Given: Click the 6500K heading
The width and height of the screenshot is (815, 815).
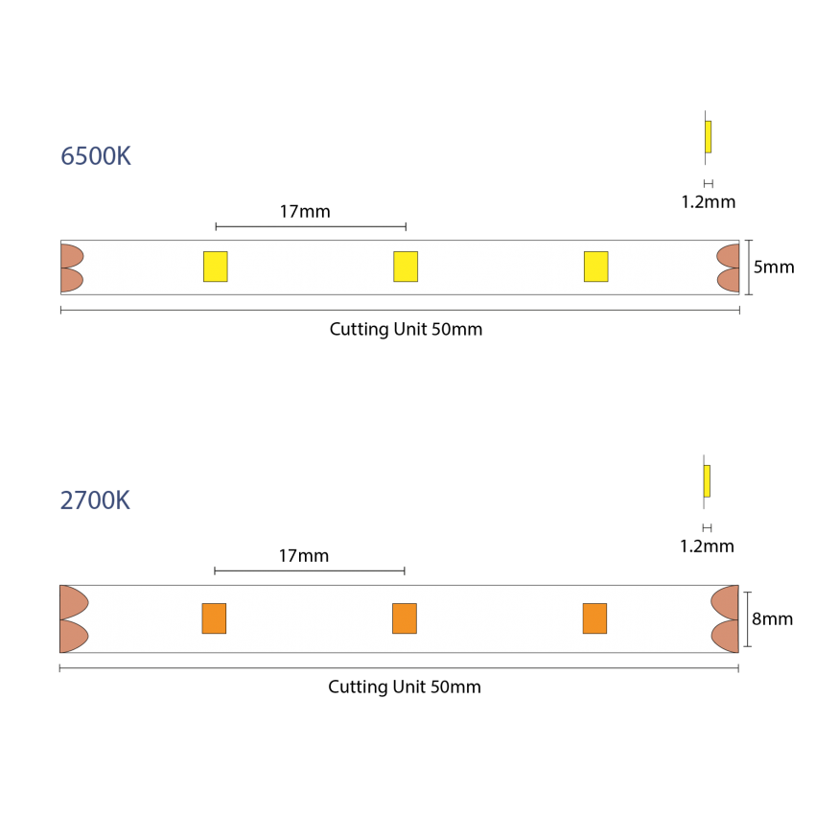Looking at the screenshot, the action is [x=96, y=156].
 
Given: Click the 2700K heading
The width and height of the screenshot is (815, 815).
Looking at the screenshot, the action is [x=95, y=501].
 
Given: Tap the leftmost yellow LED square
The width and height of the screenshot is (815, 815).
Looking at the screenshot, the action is [x=215, y=267].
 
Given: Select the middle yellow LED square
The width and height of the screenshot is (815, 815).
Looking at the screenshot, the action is [x=406, y=267].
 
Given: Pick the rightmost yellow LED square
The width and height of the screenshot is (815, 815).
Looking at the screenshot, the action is [x=595, y=267].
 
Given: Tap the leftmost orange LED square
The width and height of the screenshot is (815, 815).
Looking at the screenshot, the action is [x=214, y=618].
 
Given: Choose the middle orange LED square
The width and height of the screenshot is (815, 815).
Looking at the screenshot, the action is [x=405, y=618].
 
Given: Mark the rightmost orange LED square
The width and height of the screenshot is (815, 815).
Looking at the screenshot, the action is [x=594, y=618].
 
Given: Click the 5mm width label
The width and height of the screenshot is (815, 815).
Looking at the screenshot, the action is [x=774, y=268].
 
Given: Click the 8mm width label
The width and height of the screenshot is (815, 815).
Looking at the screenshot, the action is [x=773, y=619].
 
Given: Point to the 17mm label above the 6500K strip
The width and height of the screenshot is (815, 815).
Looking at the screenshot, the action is [x=305, y=212].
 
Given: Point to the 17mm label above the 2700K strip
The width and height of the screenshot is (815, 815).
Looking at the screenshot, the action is [x=304, y=555].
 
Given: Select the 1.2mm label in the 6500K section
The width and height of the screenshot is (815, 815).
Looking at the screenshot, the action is [x=709, y=201].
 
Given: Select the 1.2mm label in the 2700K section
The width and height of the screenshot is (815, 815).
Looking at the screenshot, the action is [x=707, y=547].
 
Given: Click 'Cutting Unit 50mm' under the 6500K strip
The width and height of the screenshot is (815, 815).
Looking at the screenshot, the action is [x=406, y=330].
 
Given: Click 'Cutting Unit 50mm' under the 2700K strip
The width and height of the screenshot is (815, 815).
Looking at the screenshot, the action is [x=405, y=687].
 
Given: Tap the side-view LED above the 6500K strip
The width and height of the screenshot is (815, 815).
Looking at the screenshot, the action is [x=708, y=137].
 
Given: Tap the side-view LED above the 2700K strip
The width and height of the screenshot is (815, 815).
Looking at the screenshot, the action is [x=707, y=481].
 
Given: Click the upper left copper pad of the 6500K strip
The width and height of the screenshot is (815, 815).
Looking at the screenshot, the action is [x=71, y=256].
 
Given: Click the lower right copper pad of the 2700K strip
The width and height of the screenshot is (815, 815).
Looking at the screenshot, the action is [x=726, y=637].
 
